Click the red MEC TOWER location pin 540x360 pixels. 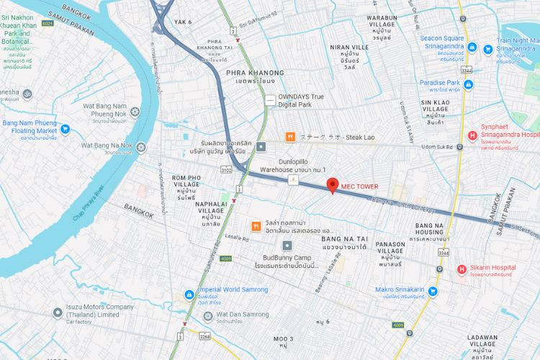332,184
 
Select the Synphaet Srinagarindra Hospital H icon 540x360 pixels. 472,135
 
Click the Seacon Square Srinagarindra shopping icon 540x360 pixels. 472,48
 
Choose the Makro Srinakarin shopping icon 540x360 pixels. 432,292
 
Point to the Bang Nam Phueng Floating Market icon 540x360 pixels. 65,130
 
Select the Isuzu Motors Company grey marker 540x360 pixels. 58,313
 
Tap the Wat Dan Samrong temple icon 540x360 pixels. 204,314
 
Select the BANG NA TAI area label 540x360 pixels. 345,238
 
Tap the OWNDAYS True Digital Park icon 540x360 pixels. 269,101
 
